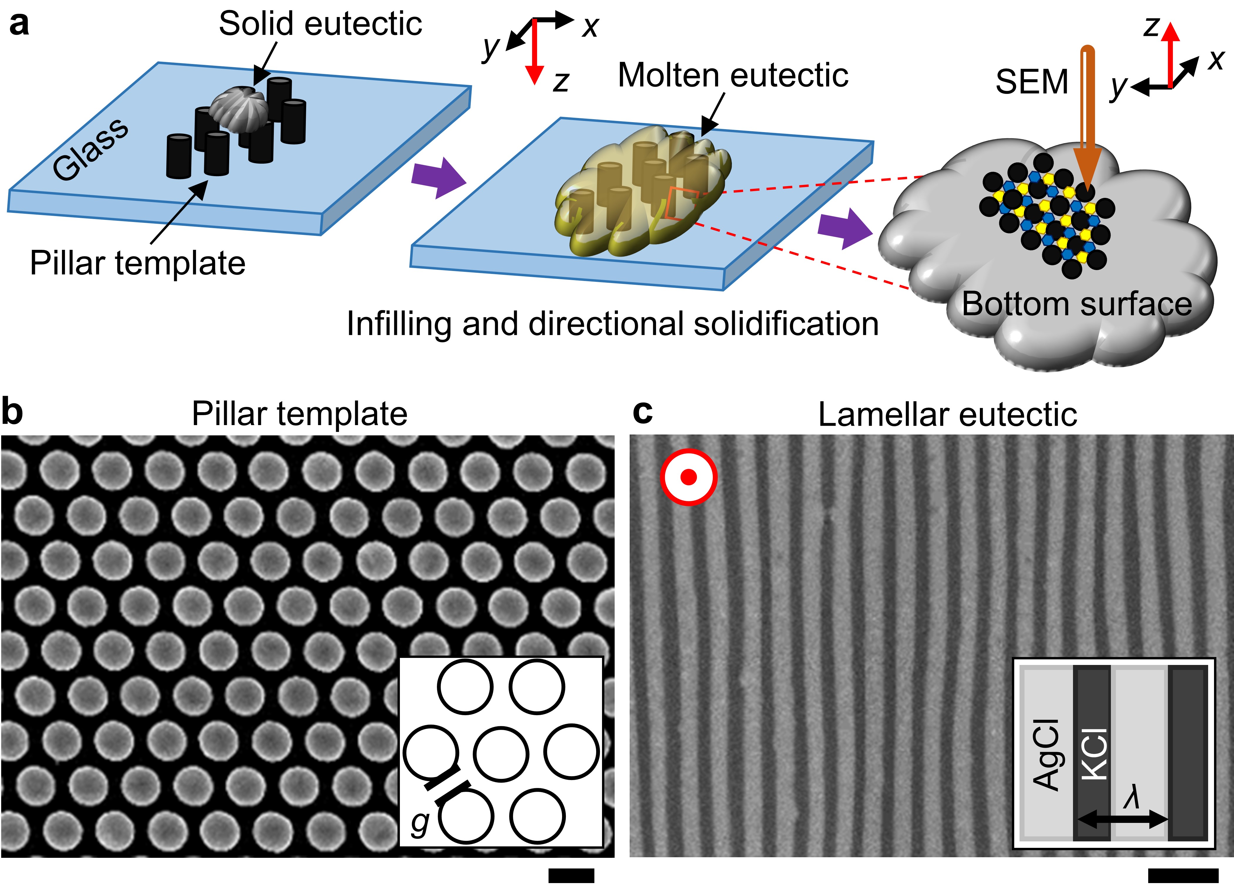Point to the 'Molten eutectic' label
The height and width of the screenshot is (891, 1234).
[x=733, y=75]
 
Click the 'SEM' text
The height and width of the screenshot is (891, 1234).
[x=1032, y=82]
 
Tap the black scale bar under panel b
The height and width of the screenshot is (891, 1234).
[x=571, y=875]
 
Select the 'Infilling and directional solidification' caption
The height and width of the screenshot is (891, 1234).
[x=613, y=324]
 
